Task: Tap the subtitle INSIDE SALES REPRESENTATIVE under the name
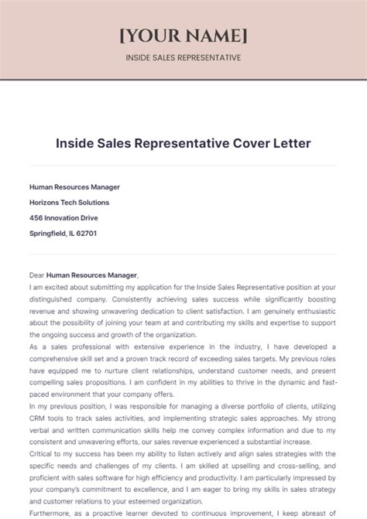point(183,57)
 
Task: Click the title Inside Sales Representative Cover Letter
point(183,144)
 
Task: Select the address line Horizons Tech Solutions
point(69,202)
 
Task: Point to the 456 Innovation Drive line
point(63,217)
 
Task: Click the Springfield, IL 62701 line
point(63,233)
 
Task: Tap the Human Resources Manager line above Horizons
point(74,186)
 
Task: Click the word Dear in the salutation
point(36,275)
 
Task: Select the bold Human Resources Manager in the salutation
point(91,275)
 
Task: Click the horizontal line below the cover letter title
point(183,166)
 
